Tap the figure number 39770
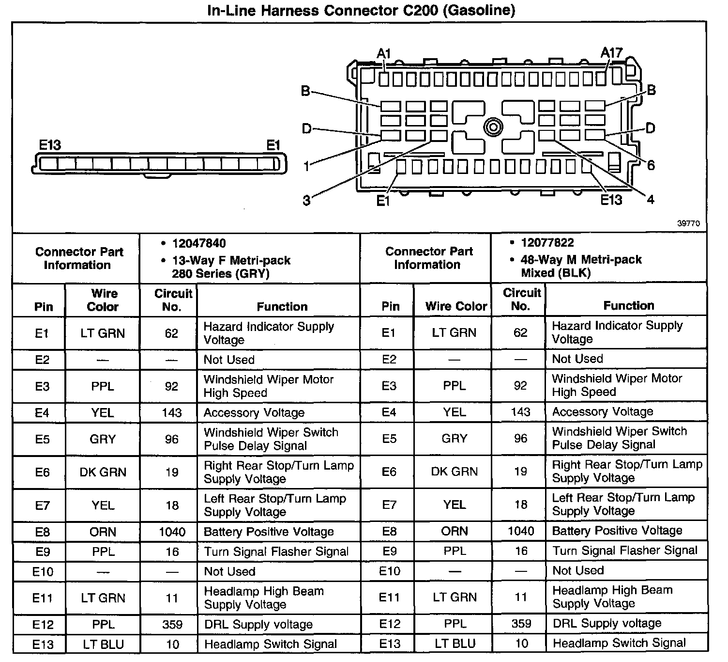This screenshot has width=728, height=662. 688,223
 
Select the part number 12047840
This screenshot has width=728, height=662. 199,243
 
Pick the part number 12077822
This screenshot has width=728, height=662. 547,242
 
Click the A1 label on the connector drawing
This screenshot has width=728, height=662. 384,53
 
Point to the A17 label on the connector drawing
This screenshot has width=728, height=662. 611,53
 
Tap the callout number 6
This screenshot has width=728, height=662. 651,165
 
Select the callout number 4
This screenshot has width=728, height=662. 650,199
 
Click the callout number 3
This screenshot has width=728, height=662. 306,201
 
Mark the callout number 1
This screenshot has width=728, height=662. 306,167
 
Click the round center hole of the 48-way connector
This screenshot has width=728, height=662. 493,127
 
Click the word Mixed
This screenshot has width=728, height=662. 537,273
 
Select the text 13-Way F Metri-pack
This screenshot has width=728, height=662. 231,260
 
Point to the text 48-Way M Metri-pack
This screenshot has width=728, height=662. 581,259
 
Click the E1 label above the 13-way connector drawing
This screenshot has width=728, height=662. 273,145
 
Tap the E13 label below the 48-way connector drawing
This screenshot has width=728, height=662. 611,200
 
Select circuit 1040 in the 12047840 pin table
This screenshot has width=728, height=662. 172,532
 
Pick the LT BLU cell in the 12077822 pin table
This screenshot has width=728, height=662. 455,643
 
